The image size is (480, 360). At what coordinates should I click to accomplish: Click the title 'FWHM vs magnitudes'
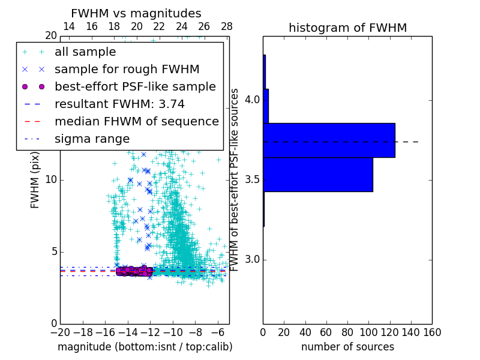pyautogui.click(x=136, y=14)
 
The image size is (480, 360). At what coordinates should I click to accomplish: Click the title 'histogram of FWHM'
pyautogui.click(x=347, y=28)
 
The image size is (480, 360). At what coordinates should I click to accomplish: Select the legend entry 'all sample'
pyautogui.click(x=85, y=52)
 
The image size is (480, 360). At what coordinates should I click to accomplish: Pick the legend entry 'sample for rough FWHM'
pyautogui.click(x=127, y=70)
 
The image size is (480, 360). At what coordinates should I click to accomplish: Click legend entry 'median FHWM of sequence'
pyautogui.click(x=136, y=122)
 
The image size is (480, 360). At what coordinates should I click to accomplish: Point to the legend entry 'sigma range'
pyautogui.click(x=92, y=139)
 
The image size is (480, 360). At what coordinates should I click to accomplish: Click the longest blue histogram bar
pyautogui.click(x=329, y=140)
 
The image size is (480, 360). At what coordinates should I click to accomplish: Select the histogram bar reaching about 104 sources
pyautogui.click(x=318, y=175)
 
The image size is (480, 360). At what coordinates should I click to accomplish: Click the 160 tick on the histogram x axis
pyautogui.click(x=432, y=331)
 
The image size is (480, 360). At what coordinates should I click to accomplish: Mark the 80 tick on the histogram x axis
pyautogui.click(x=347, y=331)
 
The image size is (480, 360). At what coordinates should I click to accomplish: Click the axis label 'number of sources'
pyautogui.click(x=347, y=347)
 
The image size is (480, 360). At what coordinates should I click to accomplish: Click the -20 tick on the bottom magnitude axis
pyautogui.click(x=60, y=331)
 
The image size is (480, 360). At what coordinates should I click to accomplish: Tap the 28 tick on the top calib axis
pyautogui.click(x=227, y=27)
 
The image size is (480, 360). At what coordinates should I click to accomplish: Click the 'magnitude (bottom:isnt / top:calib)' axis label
pyautogui.click(x=145, y=347)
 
